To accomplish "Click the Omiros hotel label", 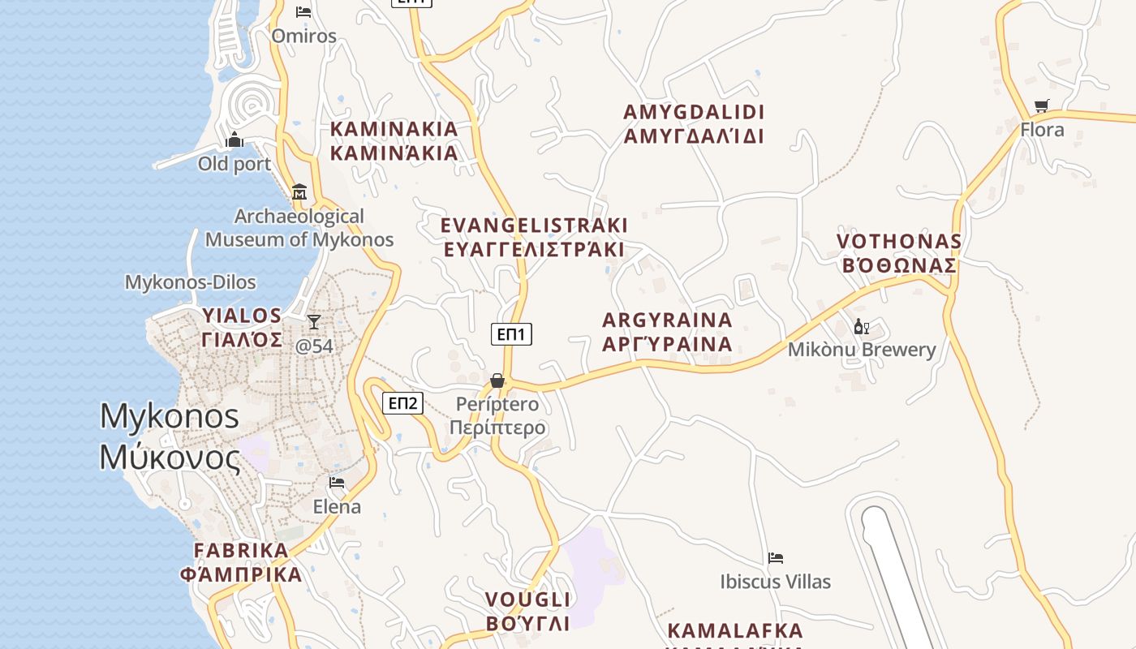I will coord(303,36).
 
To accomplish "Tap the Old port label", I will coord(235,164).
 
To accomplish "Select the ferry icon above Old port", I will coord(235,140).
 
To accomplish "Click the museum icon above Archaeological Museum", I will coord(299,191).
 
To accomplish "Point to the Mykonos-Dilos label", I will coord(190,282).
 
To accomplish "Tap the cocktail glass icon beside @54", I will coord(314,322).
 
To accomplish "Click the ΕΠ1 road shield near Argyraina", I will coord(511,333).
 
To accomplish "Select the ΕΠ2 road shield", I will coord(402,402).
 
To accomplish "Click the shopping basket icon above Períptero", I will coord(497,380).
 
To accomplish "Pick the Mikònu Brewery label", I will coord(862,350).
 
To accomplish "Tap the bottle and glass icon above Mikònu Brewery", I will coord(861,327).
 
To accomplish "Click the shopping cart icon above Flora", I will coord(1042,105).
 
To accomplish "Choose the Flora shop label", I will coord(1042,129).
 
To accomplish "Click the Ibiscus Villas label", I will coord(776,582).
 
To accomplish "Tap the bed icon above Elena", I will coord(337,483).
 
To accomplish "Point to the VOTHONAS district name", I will coord(899,241).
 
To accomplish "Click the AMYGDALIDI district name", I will coord(694,112).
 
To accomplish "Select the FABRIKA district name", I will coord(241,550).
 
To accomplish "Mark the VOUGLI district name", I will coord(528,600).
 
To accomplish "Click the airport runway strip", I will coord(901,576).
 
